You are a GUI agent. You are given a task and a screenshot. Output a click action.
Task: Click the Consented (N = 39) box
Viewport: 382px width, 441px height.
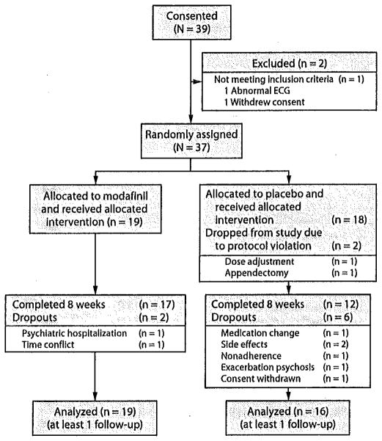click(190, 23)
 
